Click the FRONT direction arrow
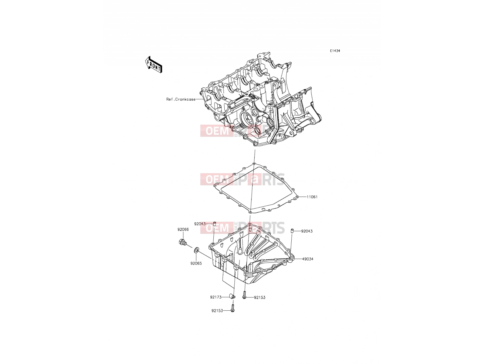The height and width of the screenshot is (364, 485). click(x=154, y=65)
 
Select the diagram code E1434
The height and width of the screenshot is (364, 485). click(x=335, y=51)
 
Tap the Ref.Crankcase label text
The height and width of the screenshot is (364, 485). click(x=181, y=99)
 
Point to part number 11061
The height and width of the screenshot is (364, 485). click(x=312, y=197)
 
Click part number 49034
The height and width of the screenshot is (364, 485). click(x=308, y=259)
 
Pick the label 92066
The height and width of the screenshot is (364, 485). click(x=183, y=229)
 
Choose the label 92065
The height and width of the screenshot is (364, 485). click(x=196, y=263)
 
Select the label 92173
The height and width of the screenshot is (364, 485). click(x=216, y=297)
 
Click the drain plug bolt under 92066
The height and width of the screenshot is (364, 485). click(x=182, y=242)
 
